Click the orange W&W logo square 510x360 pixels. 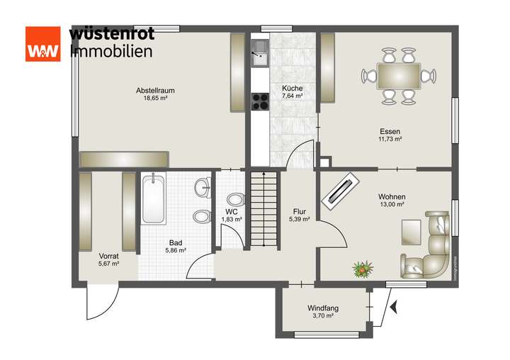(43, 44)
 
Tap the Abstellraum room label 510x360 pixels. (155, 90)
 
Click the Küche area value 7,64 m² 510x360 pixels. (292, 96)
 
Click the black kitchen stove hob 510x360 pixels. (260, 101)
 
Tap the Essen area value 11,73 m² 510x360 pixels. (390, 140)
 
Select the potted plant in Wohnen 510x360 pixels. (363, 269)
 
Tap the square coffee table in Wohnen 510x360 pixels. (411, 231)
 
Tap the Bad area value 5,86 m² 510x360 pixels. (175, 250)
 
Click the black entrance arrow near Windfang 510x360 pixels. (393, 307)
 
